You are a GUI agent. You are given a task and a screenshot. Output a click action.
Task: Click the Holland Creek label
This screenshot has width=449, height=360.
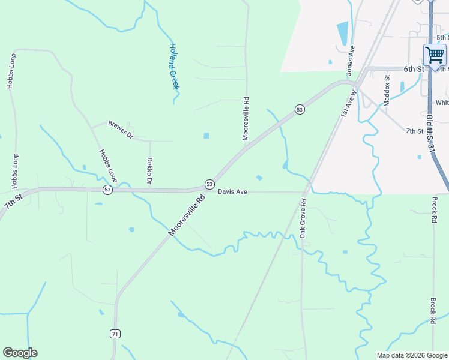pyautogui.click(x=174, y=67)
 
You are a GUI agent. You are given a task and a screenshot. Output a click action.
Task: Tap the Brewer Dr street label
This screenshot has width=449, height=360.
pyautogui.click(x=121, y=130)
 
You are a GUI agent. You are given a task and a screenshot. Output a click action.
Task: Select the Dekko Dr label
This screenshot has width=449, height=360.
pyautogui.click(x=149, y=172)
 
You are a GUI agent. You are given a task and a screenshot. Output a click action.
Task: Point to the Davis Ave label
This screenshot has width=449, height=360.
pyautogui.click(x=233, y=192)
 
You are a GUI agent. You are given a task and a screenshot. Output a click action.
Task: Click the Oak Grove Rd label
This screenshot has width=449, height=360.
pyautogui.click(x=303, y=218)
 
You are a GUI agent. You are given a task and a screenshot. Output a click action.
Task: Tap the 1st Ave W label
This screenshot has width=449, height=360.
pyautogui.click(x=349, y=102)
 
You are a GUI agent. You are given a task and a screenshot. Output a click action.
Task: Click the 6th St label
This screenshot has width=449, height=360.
pyautogui.click(x=414, y=69)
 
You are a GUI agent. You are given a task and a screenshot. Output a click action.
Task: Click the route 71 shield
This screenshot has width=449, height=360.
pyautogui.click(x=115, y=334)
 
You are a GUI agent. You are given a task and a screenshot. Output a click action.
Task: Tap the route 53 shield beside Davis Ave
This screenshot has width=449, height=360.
pyautogui.click(x=209, y=184)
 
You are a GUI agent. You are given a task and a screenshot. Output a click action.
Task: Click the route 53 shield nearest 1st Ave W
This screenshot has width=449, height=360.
pyautogui.click(x=299, y=109)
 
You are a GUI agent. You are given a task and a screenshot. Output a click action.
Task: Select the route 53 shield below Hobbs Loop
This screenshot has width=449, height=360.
pyautogui.click(x=107, y=190)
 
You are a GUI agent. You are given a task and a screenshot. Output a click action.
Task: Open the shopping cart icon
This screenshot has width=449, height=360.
pyautogui.click(x=435, y=55)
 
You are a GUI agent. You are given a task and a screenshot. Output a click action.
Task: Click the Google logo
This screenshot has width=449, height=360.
pyautogui.click(x=20, y=353)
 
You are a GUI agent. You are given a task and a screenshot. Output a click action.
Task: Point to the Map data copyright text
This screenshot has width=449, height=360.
pyautogui.click(x=412, y=355)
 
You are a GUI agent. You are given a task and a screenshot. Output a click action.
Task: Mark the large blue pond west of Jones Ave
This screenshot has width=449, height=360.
pyautogui.click(x=342, y=34)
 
